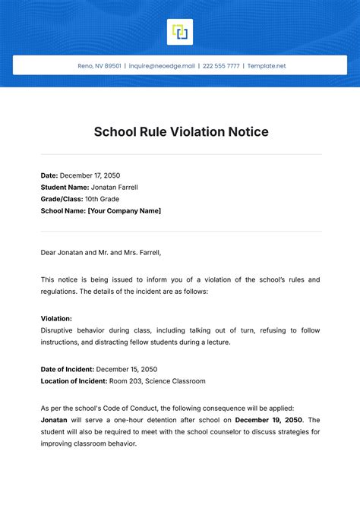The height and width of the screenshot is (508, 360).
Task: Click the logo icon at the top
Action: (180, 32)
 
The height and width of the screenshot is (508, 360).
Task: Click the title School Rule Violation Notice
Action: (181, 132)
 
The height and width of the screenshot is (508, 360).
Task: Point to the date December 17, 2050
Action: (89, 175)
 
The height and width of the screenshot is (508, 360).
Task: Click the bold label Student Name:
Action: (65, 187)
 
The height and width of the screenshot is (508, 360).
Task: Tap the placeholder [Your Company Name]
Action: (125, 211)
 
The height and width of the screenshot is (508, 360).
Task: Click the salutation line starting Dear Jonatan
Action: (101, 253)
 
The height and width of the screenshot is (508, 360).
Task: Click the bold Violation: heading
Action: (56, 319)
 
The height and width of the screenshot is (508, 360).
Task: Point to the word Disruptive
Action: (58, 330)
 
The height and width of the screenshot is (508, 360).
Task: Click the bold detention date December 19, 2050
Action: (269, 420)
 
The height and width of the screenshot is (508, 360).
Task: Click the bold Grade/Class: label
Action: (64, 199)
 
